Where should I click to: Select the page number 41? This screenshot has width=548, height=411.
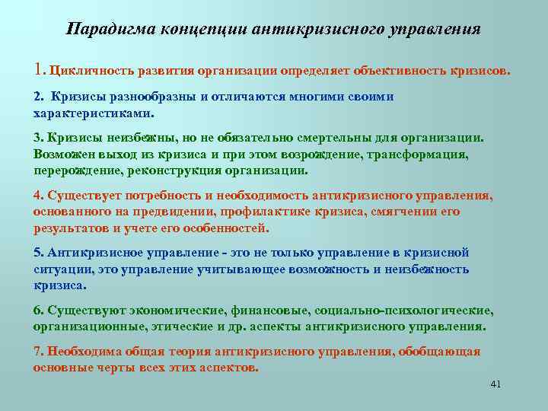coord(495,384)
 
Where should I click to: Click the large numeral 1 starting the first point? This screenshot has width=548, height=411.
coord(38,71)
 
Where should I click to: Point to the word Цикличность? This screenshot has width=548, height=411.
coord(90,72)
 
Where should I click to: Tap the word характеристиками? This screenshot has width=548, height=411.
coord(92,112)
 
